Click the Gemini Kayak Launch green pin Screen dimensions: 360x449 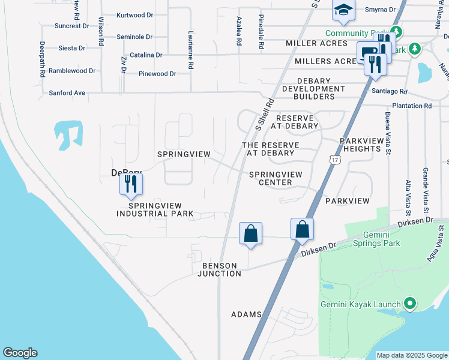[410, 304]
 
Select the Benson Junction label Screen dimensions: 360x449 [220, 269]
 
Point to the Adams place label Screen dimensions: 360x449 [246, 314]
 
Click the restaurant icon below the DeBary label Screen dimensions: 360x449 [131, 184]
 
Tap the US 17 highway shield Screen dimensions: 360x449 [334, 160]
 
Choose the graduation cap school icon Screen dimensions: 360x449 [343, 10]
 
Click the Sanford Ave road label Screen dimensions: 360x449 [67, 93]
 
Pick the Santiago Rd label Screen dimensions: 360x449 [389, 92]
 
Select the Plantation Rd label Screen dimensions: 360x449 [411, 106]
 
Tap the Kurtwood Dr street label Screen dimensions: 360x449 [134, 14]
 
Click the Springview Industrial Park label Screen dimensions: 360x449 [155, 209]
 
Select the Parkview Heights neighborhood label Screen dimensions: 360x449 [361, 145]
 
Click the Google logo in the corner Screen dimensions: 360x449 [20, 353]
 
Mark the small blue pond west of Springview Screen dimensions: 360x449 [68, 134]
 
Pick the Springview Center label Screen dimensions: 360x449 [276, 178]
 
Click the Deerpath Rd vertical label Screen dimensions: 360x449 [43, 59]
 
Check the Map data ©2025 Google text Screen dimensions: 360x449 [411, 355]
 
